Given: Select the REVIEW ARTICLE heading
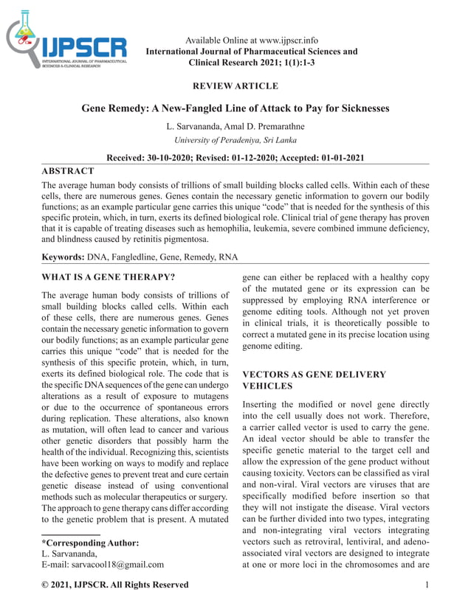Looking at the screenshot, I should tap(235, 86).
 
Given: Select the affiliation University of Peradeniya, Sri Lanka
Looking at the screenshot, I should tap(235, 140).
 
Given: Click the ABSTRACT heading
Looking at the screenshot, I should tap(67, 171).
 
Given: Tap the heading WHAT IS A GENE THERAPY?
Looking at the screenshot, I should tap(109, 277).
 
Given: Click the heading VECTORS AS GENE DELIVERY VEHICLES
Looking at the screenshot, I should tap(314, 380).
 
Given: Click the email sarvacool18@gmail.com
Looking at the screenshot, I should tap(117, 565).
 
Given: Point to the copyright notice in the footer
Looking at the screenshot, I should tap(114, 585).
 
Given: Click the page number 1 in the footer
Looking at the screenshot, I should tap(428, 585).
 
